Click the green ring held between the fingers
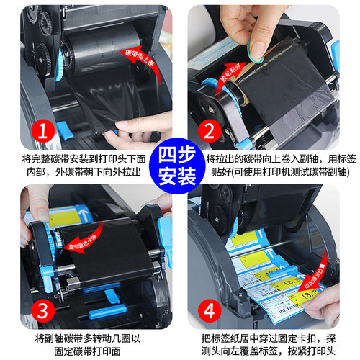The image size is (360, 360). pyautogui.click(x=256, y=48)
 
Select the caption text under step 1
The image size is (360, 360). pyautogui.click(x=84, y=164)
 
